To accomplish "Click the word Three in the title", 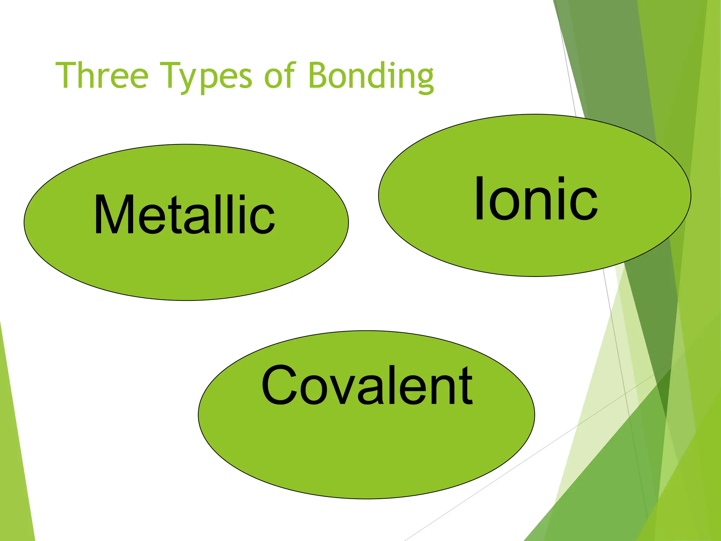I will tap(102, 75).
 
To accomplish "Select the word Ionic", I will tap(536, 199).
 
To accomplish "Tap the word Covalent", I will tap(367, 386).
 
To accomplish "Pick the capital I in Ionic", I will tap(479, 199).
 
